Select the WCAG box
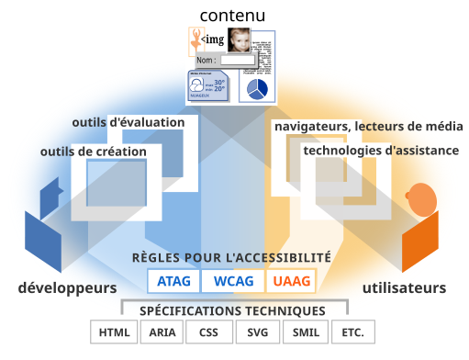point(232,281)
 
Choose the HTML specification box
point(114,332)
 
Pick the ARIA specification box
point(162,332)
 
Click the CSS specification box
point(209,332)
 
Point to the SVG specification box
point(257,332)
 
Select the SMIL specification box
point(305,332)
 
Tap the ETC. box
point(352,332)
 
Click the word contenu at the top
point(232,15)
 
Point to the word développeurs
point(67,287)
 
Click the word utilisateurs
point(404,287)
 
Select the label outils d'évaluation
point(128,122)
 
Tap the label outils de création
point(93,151)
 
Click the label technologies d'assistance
point(381,150)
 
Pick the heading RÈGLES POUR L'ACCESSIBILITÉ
point(232,258)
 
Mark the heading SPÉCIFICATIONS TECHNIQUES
point(232,311)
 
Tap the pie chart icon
point(258,88)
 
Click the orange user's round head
point(421,197)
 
